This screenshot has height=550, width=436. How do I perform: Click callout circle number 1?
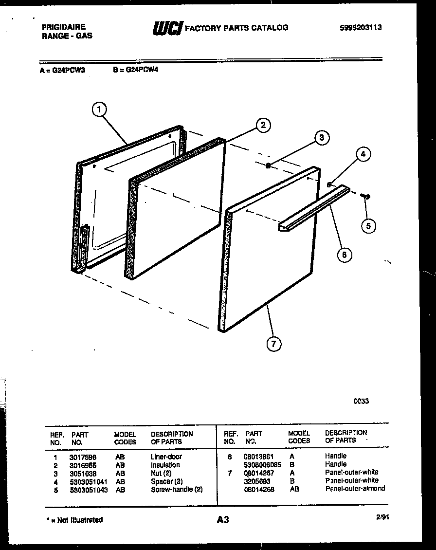[99, 110]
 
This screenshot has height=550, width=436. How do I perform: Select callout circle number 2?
[263, 125]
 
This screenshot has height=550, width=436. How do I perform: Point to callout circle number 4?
[362, 155]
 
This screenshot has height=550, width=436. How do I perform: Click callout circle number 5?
[368, 225]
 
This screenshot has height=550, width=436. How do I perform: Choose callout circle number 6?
[344, 254]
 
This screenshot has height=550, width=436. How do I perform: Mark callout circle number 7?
[273, 344]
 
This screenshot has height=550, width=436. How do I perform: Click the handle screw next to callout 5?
[366, 196]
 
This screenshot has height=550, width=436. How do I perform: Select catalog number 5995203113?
[360, 28]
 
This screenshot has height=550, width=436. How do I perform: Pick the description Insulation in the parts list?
[165, 465]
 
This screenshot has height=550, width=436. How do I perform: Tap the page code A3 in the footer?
[222, 520]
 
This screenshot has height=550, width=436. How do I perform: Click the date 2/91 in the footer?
[382, 519]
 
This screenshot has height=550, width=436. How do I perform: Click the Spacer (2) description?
[166, 481]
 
